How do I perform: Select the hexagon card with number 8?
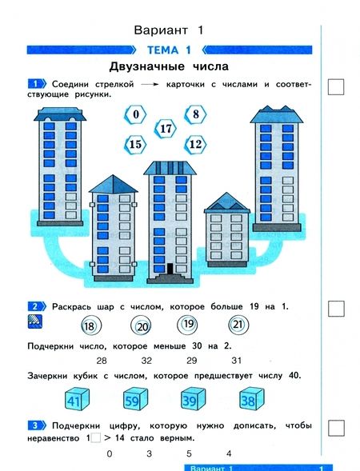tap(195, 114)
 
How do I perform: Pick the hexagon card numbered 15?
tap(135, 145)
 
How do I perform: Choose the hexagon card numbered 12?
tap(194, 144)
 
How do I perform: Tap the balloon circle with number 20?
tap(142, 326)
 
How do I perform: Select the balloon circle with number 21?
tap(237, 325)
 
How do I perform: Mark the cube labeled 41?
tap(74, 401)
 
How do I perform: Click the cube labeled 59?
tap(134, 401)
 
